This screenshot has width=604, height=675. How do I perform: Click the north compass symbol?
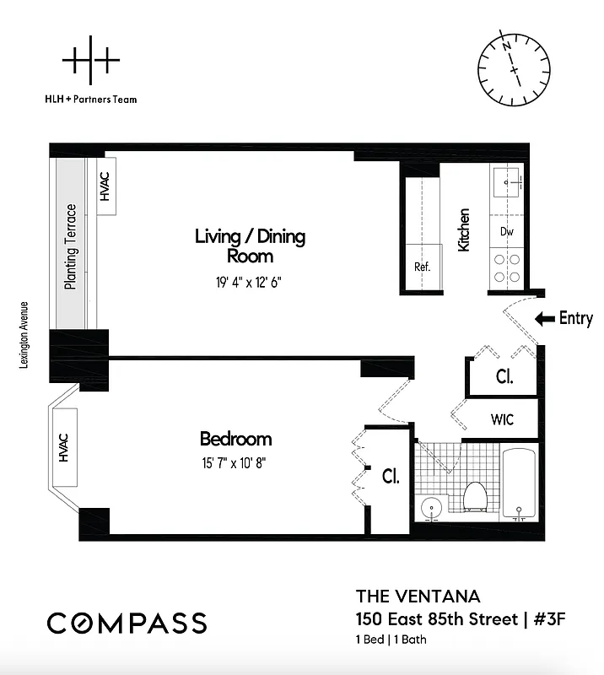[514, 66]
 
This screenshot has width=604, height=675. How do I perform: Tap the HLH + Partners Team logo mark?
[91, 61]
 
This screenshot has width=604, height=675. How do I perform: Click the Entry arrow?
[545, 319]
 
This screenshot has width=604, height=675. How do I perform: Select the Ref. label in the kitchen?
[422, 267]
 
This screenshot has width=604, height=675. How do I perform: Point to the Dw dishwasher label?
[507, 231]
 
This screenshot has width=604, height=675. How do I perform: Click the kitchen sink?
[508, 181]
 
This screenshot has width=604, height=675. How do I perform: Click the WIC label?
[502, 419]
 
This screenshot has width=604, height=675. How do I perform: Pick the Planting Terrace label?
[72, 246]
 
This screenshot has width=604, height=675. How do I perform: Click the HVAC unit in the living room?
[105, 187]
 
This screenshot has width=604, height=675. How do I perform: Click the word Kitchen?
[464, 229]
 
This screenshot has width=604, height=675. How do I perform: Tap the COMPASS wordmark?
[127, 624]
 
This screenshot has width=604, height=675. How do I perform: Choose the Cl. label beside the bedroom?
[391, 477]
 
